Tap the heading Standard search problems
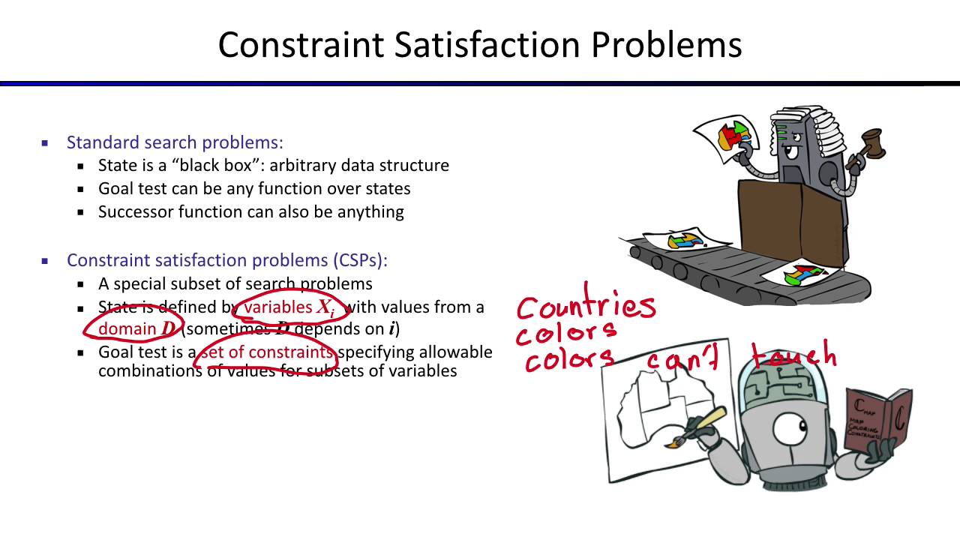tap(175, 142)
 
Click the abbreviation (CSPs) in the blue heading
tap(360, 260)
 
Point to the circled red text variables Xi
tap(289, 307)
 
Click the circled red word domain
tap(127, 329)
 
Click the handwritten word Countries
tap(586, 306)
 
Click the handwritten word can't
tap(682, 360)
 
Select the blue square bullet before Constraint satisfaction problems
tap(45, 261)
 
